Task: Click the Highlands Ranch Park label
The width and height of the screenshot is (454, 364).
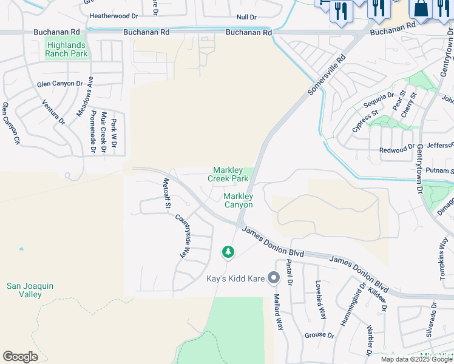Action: click(x=66, y=49)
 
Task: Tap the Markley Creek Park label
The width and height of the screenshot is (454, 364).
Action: click(x=228, y=175)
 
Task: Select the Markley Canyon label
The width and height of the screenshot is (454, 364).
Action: click(x=238, y=200)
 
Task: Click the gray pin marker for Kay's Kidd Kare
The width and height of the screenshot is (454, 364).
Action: click(x=274, y=278)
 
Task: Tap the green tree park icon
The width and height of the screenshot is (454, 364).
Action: click(x=228, y=251)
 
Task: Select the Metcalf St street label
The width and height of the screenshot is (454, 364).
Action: click(x=166, y=194)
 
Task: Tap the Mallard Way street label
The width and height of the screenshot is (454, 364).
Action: click(x=279, y=312)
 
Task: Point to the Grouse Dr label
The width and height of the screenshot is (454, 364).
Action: click(x=319, y=335)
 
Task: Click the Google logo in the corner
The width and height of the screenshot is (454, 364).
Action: click(x=20, y=357)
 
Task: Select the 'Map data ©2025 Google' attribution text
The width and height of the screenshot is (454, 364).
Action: click(x=416, y=359)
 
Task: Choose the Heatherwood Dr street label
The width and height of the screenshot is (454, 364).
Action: click(x=114, y=16)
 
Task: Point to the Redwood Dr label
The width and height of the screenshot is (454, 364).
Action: click(x=396, y=149)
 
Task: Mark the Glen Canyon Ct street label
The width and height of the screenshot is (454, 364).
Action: click(x=12, y=123)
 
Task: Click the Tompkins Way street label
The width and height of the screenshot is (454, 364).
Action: click(x=443, y=254)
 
